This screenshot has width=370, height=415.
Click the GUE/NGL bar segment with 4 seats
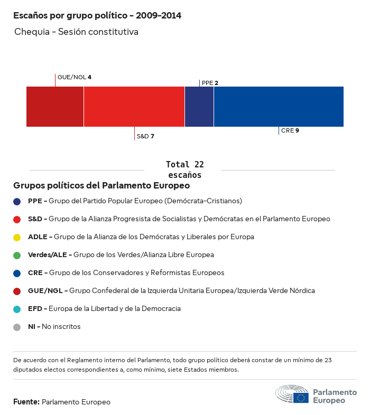click(x=55, y=107)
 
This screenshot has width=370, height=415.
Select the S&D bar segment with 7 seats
click(x=134, y=107)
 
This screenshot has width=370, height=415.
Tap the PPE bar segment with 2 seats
click(x=199, y=107)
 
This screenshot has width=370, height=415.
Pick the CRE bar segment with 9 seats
click(x=279, y=107)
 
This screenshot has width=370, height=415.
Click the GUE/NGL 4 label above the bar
click(x=74, y=77)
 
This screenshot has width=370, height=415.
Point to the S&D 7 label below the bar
click(x=145, y=136)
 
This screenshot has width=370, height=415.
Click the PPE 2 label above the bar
click(x=210, y=83)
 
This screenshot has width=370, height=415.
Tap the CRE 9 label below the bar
click(x=290, y=130)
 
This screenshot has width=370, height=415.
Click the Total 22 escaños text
click(x=184, y=169)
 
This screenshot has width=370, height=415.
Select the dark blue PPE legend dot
click(x=17, y=201)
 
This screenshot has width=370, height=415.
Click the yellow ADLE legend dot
click(x=17, y=237)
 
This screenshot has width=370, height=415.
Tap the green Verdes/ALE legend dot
click(x=17, y=255)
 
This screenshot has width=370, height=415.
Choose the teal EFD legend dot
click(x=17, y=309)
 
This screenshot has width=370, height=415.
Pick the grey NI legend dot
click(x=17, y=327)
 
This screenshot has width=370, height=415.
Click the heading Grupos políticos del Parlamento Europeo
click(x=101, y=186)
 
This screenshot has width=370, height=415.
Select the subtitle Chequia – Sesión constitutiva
click(x=77, y=32)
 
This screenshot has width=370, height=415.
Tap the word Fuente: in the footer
click(x=26, y=402)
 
